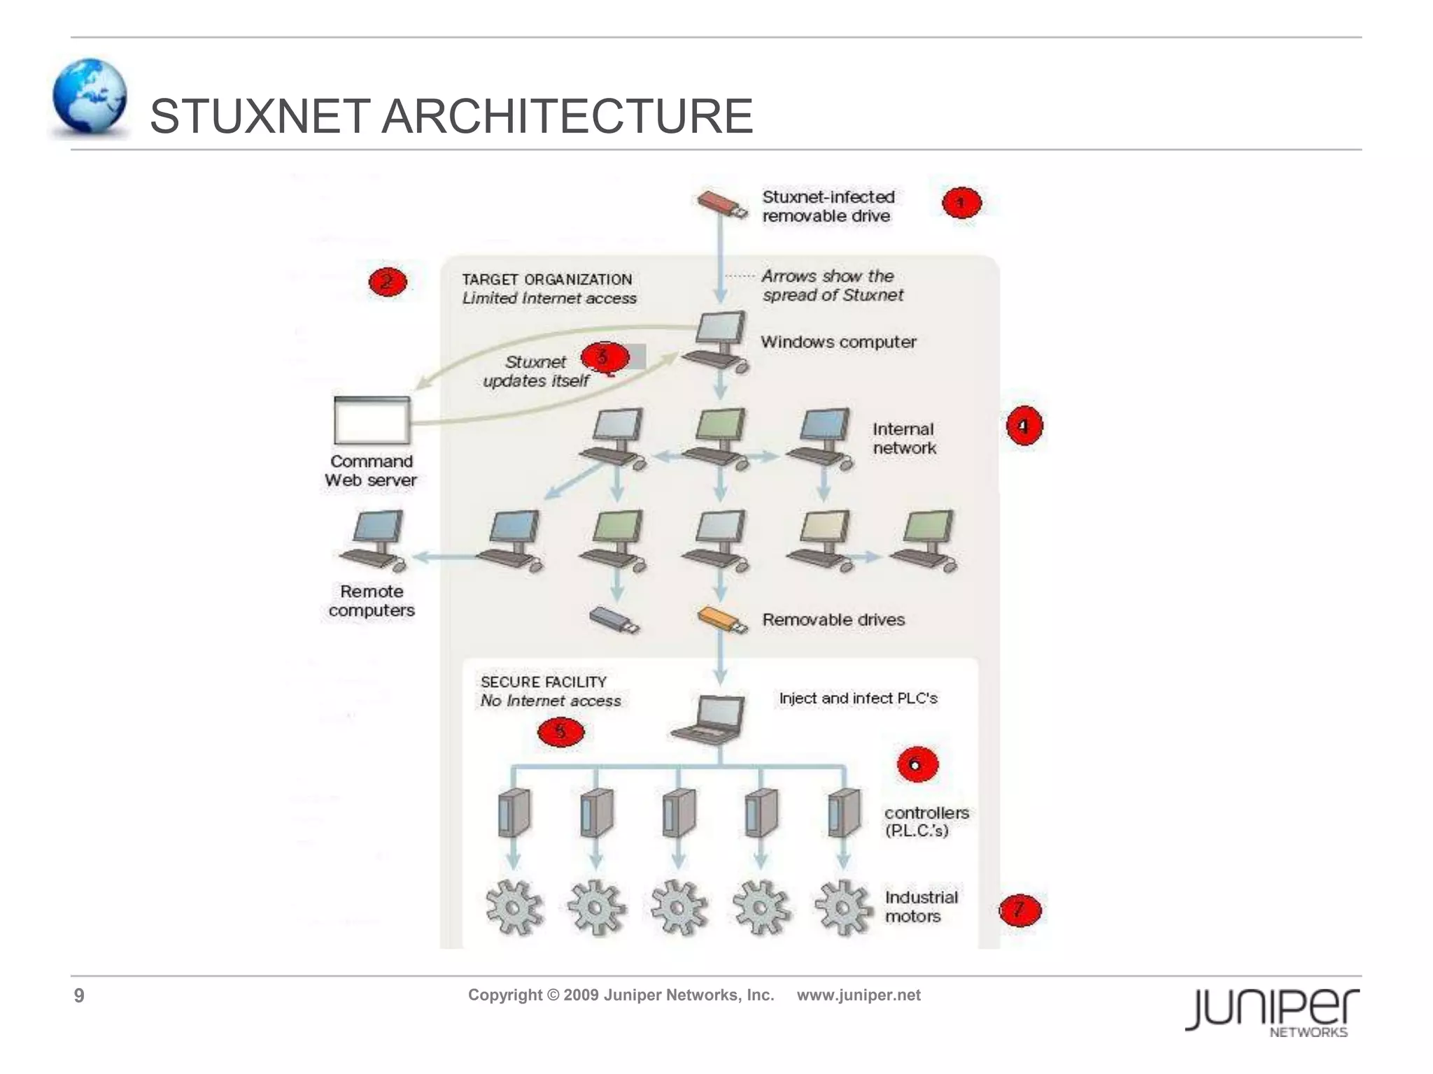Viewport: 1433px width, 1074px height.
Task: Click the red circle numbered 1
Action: coord(961,203)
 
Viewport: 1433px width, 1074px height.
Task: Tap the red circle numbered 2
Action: coord(387,282)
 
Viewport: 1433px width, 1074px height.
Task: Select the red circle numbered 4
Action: coord(1024,426)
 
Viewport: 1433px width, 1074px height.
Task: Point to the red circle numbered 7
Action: coord(1019,910)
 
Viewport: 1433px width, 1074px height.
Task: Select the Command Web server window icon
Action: coord(372,421)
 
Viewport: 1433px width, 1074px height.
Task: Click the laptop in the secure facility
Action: coord(708,719)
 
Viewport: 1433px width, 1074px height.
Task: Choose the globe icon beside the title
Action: coord(90,97)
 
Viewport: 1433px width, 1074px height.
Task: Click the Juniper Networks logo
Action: coord(1271,1012)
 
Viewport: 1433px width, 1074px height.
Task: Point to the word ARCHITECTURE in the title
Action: coord(567,116)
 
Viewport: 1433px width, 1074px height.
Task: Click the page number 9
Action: coord(79,996)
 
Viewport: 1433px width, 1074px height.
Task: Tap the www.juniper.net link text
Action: coord(859,995)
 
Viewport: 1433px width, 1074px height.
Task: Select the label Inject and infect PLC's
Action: coord(858,698)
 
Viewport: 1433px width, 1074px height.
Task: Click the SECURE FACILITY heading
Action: coord(543,682)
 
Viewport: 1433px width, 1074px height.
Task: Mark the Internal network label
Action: coord(903,438)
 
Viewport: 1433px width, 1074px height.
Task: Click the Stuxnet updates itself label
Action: coord(536,371)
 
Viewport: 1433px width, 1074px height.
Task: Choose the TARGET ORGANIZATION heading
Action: coord(546,280)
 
